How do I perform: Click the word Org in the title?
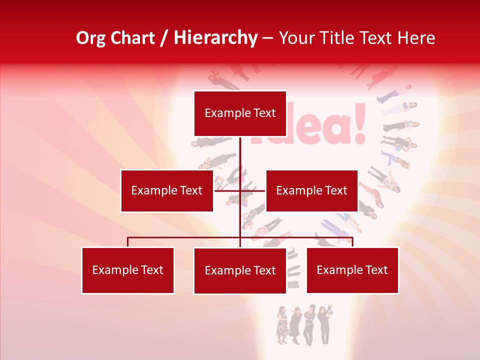point(91,38)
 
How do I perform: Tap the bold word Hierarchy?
point(215,38)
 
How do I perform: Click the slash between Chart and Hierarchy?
point(164,38)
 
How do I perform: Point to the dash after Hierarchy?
point(267,38)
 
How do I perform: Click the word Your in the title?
point(297,38)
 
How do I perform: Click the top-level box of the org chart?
point(240,113)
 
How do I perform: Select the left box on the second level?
point(166,191)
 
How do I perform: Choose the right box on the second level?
point(311,191)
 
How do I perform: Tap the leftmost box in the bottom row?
point(127,270)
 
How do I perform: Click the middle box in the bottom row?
point(240,271)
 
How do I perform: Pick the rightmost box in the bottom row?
point(352,270)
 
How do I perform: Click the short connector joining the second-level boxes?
point(252,190)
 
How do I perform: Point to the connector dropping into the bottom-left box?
point(127,242)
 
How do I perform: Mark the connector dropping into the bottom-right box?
point(352,242)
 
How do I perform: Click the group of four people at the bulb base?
point(304,325)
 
